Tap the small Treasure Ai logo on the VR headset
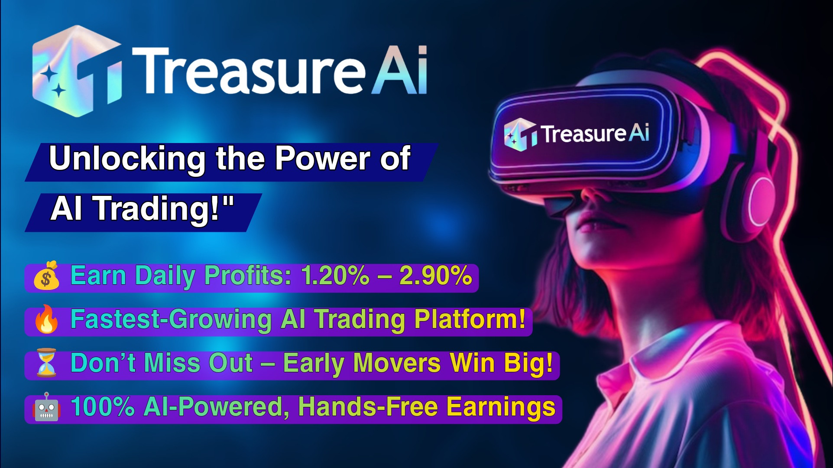(577, 133)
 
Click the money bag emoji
(46, 276)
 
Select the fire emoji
(46, 319)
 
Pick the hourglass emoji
(46, 363)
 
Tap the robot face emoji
(46, 407)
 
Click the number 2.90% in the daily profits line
(435, 275)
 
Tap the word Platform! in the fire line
(470, 319)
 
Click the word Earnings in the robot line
(501, 407)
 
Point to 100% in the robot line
(103, 406)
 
